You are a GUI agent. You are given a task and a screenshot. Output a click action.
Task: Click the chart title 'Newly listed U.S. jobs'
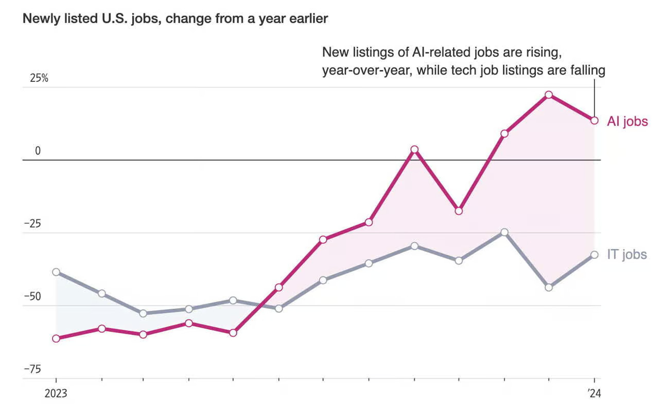175,19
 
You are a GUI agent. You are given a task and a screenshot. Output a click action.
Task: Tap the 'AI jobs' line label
627,121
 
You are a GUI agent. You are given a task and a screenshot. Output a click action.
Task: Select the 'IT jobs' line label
626,254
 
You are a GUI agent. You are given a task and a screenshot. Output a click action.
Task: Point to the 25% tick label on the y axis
38,79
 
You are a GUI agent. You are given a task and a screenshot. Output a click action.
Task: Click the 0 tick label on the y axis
38,151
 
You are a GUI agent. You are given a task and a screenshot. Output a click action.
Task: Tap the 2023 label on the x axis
56,394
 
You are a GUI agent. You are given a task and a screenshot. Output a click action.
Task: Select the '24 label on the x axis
594,394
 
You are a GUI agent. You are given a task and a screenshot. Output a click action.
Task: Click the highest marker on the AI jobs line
549,95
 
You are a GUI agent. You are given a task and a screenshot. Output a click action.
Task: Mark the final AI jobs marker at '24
594,120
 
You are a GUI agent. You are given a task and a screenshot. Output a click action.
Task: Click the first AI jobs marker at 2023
56,338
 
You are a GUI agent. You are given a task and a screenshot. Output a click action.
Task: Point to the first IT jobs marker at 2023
56,272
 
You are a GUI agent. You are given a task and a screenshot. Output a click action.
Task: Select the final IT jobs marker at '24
594,255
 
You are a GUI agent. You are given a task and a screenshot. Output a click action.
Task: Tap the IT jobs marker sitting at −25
504,233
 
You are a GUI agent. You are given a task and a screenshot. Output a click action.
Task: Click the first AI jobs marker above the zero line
414,150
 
